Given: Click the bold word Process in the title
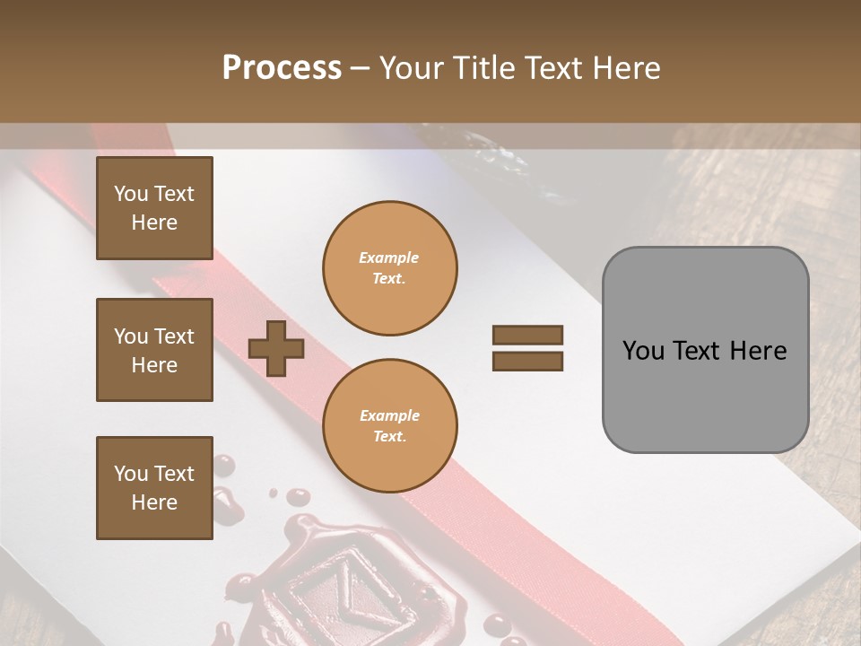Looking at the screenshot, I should [x=282, y=67].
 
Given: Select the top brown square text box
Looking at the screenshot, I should [x=154, y=208].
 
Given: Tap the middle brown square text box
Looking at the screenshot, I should [x=154, y=350].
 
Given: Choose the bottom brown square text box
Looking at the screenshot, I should [x=154, y=488].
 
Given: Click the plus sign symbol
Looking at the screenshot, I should [x=276, y=347].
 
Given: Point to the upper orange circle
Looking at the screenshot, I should [x=389, y=267].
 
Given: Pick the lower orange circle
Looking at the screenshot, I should [x=389, y=425].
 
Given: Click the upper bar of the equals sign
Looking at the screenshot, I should [x=527, y=336].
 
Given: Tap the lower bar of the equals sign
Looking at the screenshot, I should [x=527, y=362].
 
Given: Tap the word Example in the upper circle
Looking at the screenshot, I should [x=389, y=258].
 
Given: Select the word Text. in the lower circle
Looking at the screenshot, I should [x=389, y=436].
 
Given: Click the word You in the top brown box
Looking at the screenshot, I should [x=131, y=194].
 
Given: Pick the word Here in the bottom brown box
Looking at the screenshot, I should [x=154, y=502].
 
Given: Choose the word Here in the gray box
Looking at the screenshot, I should [x=758, y=350].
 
